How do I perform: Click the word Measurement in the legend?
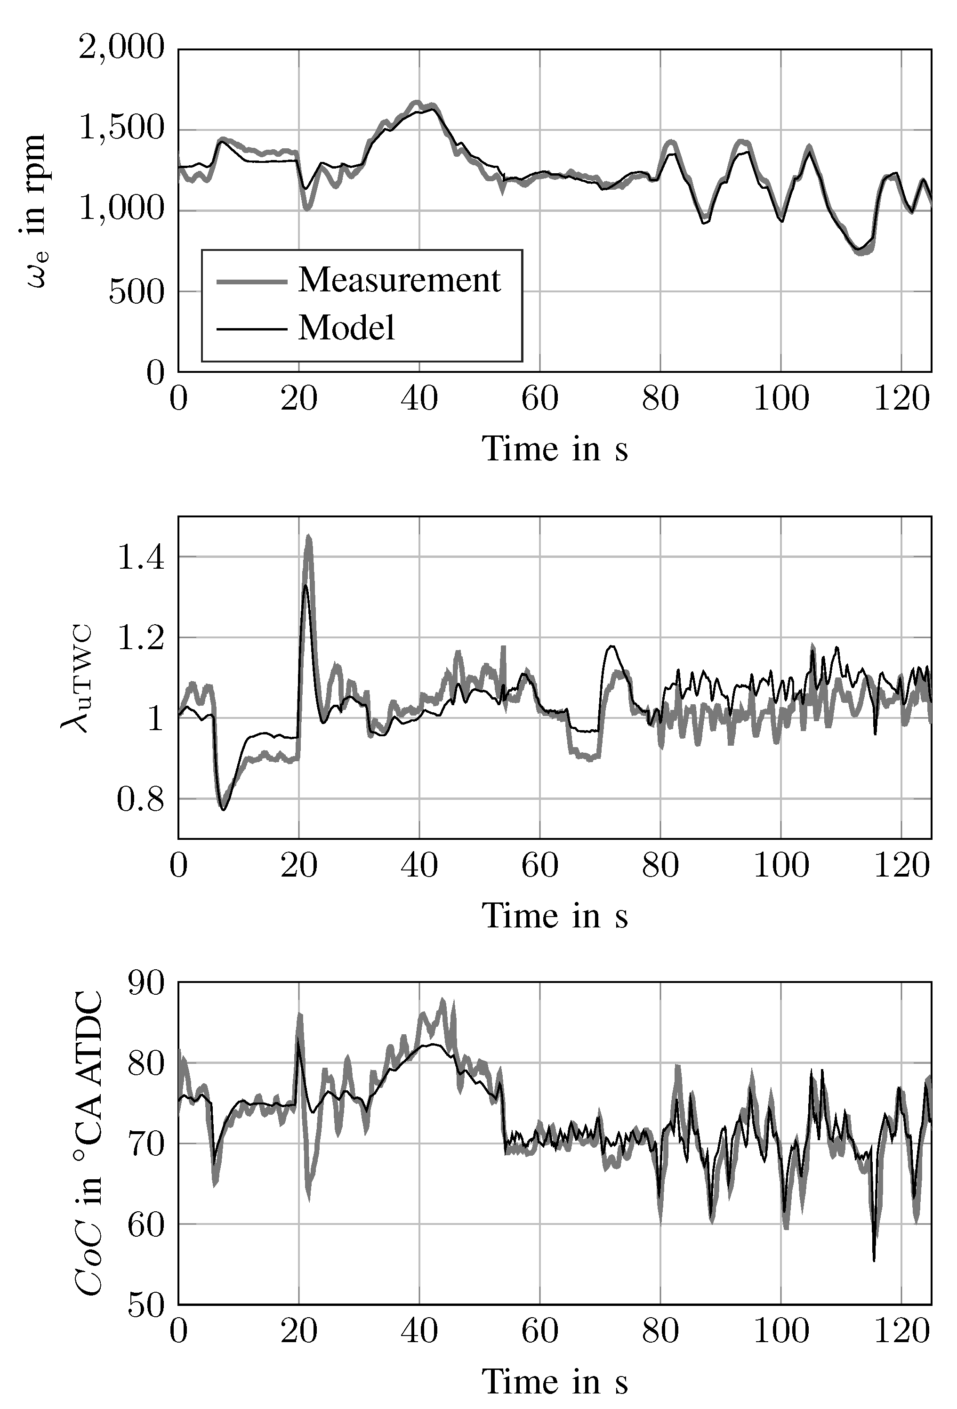[399, 280]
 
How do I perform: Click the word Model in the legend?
[346, 328]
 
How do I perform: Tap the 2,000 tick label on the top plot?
[122, 47]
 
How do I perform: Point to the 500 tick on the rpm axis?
[137, 291]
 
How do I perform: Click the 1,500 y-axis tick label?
[122, 129]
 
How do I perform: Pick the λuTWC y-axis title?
[77, 678]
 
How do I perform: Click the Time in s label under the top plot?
[554, 449]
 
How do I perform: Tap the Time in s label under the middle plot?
[554, 916]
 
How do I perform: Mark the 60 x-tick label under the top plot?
[539, 400]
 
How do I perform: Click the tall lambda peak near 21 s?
[308, 538]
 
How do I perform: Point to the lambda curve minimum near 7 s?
[223, 809]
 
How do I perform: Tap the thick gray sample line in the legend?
[251, 281]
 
